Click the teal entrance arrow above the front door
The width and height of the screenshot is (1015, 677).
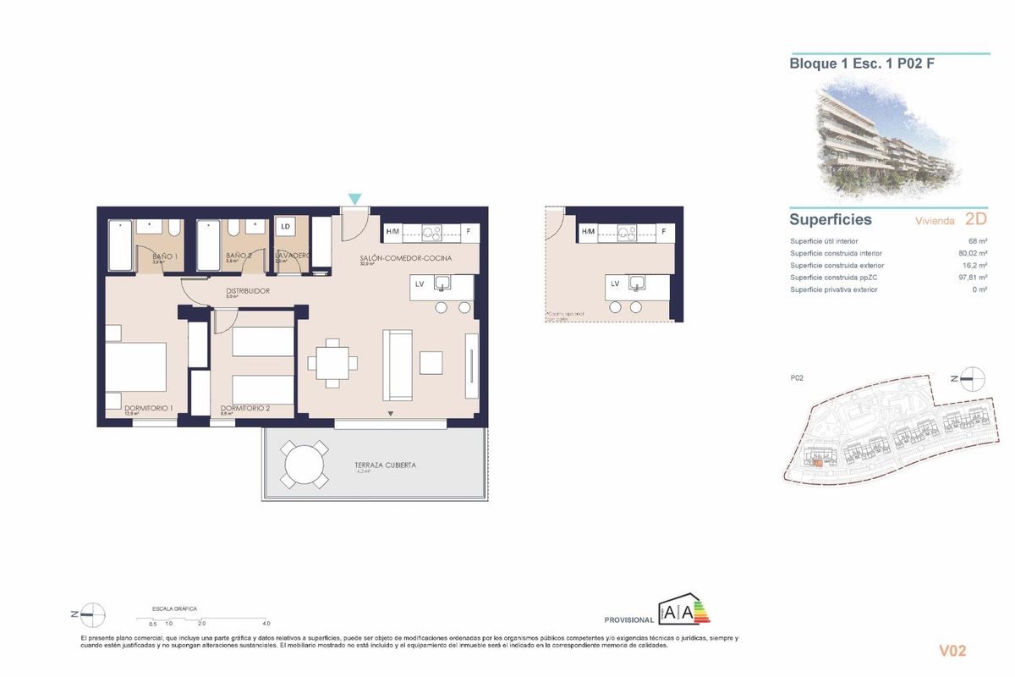tap(355, 199)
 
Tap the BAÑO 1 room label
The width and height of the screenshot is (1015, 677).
tap(164, 256)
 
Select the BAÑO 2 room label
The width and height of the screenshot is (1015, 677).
tap(239, 256)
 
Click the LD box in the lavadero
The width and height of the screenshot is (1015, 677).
tap(285, 227)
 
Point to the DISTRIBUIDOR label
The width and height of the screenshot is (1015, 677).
tap(247, 291)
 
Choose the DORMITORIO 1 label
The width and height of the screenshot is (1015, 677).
tap(148, 409)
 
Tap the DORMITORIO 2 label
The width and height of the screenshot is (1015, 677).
tap(244, 409)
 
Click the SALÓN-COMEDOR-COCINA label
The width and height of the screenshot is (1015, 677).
tap(405, 257)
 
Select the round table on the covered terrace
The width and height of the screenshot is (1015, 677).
tap(304, 465)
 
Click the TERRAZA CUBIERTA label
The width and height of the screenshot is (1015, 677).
tap(385, 465)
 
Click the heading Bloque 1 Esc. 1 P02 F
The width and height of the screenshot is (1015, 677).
tap(862, 63)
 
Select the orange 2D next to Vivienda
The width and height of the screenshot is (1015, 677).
tap(975, 219)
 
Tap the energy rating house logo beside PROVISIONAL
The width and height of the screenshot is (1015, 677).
tap(683, 611)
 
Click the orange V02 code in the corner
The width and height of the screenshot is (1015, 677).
tap(952, 651)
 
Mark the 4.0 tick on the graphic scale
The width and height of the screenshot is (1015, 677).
tap(266, 623)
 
